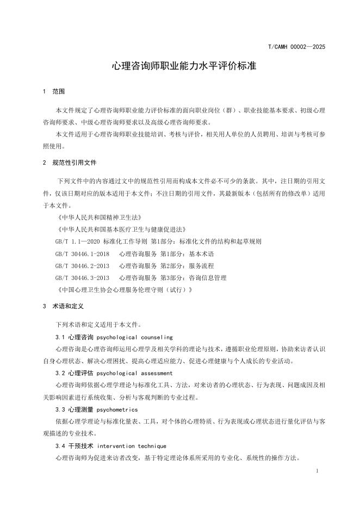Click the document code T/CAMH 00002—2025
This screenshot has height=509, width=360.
click(x=296, y=47)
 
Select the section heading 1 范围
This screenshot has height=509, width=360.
click(x=54, y=91)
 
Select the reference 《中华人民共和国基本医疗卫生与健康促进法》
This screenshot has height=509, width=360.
click(x=121, y=229)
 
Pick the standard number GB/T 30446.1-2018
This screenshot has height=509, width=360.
click(x=82, y=253)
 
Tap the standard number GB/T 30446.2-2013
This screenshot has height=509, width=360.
click(x=82, y=265)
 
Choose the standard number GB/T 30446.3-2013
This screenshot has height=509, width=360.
click(x=82, y=277)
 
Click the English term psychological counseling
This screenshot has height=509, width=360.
click(x=134, y=337)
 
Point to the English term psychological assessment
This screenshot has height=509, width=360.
click(x=134, y=373)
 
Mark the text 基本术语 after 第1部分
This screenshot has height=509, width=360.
click(x=201, y=253)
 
